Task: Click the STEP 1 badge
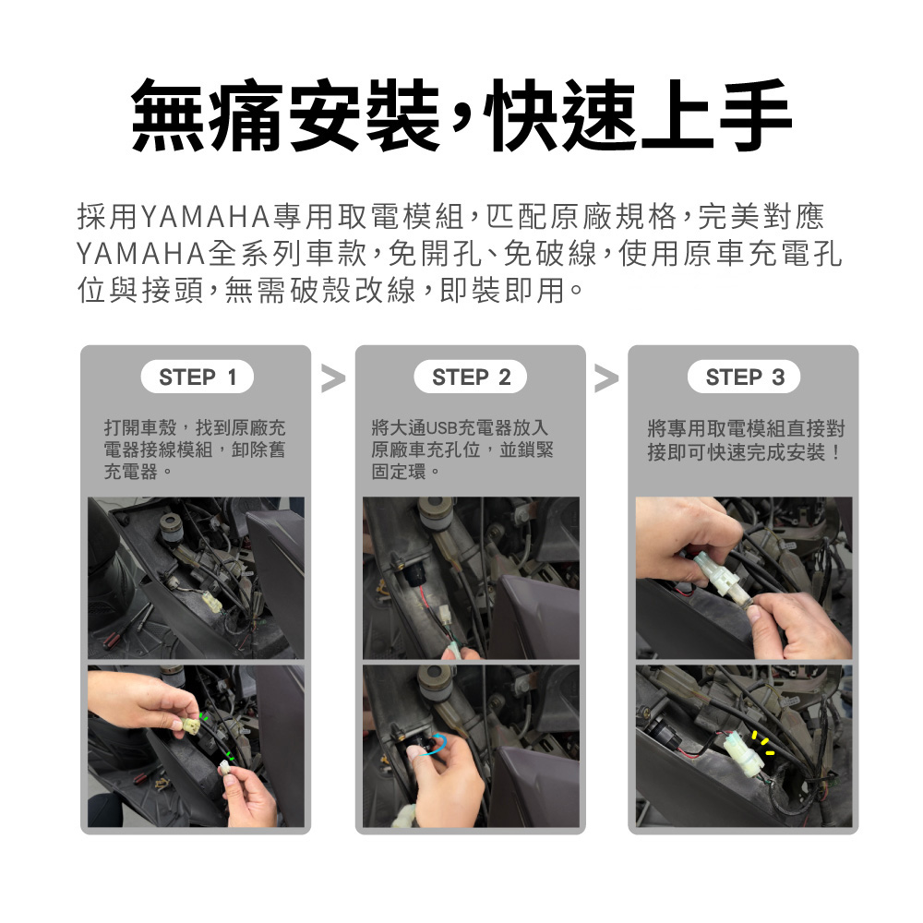pos(198,377)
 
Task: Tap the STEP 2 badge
pos(471,377)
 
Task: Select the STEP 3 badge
pos(744,377)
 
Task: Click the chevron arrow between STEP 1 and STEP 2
pos(333,378)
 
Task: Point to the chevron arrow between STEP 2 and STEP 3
pos(607,378)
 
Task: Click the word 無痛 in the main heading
pos(209,115)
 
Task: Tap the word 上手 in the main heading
pos(716,115)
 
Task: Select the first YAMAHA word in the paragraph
pos(206,217)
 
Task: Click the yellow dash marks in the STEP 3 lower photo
pos(763,743)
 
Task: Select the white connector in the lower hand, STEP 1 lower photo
pos(223,766)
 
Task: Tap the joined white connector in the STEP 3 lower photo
pos(744,752)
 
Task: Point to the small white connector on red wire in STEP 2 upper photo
pos(445,614)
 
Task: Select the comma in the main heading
pos(461,118)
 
